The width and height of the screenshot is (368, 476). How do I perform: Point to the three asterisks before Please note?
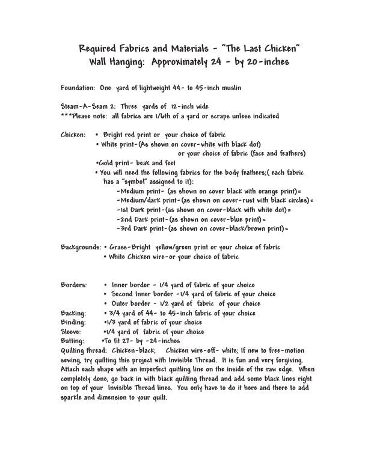click(67, 115)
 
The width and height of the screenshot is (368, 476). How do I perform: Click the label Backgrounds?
click(81, 248)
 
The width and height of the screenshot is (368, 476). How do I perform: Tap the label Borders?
click(74, 285)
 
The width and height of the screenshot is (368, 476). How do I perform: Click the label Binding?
click(75, 322)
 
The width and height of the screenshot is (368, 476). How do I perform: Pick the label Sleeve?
click(73, 331)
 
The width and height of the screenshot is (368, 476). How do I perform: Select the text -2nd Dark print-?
click(141, 219)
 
